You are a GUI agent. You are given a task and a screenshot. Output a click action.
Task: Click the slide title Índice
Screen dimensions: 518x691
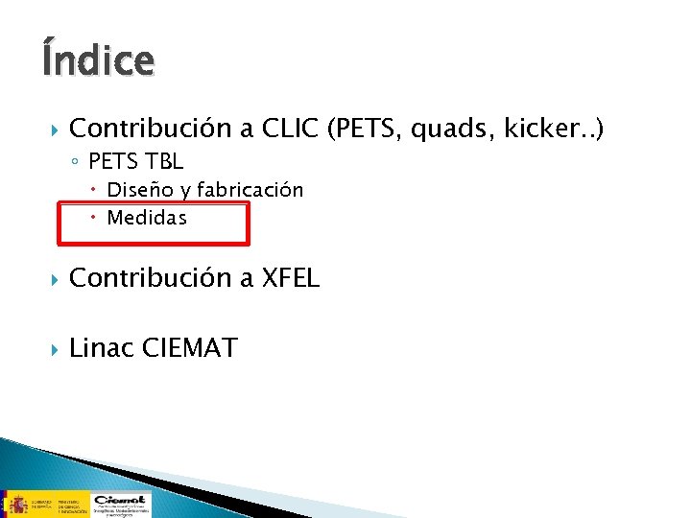coord(97,60)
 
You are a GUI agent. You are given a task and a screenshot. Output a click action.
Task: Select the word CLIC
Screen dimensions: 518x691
coord(284,129)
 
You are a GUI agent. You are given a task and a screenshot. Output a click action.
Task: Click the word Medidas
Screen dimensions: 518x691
coord(147,218)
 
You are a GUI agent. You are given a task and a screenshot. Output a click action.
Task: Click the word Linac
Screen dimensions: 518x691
coord(102,347)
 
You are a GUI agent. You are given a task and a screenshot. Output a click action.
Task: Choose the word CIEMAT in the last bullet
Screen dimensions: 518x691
coord(189,347)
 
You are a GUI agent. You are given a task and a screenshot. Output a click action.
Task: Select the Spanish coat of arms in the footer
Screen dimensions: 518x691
coord(15,502)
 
